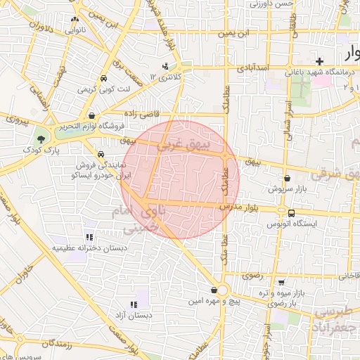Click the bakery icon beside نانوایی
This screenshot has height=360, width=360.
pyautogui.click(x=75, y=20)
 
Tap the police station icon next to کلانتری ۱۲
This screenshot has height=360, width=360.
pyautogui.click(x=165, y=67)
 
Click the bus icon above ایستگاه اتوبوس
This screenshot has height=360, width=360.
pyautogui.click(x=290, y=213)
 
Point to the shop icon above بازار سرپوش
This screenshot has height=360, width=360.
pyautogui.click(x=286, y=179)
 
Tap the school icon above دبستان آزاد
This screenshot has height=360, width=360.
pyautogui.click(x=133, y=305)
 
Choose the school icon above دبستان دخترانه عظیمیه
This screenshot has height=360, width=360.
pyautogui.click(x=89, y=238)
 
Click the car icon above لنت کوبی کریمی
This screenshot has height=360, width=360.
pyautogui.click(x=104, y=79)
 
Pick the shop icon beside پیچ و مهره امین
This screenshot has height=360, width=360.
pyautogui.click(x=214, y=290)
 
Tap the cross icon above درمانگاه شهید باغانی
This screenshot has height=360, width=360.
pyautogui.click(x=320, y=61)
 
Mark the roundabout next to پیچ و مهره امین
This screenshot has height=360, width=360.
pyautogui.click(x=223, y=290)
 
